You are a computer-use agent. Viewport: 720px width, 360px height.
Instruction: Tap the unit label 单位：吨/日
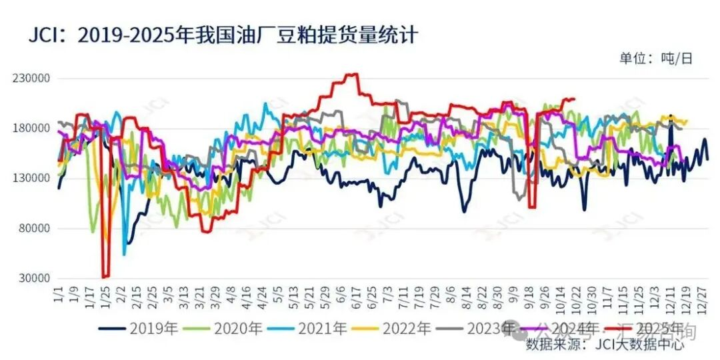tap(656, 59)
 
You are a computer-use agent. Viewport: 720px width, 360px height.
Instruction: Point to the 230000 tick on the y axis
tap(32, 79)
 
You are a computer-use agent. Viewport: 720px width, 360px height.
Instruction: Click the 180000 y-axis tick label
tap(32, 129)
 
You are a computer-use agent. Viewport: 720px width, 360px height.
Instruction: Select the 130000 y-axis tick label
tap(32, 179)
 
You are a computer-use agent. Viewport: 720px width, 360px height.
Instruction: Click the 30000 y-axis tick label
tap(35, 279)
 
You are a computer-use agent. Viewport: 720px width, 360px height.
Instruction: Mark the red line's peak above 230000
tap(353, 74)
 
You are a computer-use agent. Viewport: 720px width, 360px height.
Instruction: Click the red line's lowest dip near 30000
tap(105, 276)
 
